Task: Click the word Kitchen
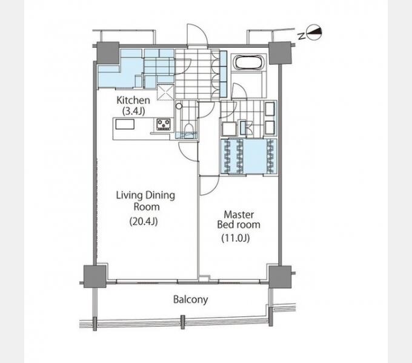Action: [133, 100]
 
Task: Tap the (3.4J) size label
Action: [133, 111]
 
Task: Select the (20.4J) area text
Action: [144, 221]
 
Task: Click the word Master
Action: [239, 215]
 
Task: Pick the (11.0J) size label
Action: [236, 238]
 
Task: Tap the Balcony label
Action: [190, 299]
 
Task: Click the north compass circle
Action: [314, 33]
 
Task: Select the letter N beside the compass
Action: [302, 36]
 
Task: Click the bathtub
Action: [248, 62]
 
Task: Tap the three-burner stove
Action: [164, 124]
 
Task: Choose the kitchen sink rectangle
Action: [125, 124]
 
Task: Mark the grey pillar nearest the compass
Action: [280, 53]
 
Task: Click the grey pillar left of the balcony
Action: [95, 276]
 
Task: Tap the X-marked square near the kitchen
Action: [165, 92]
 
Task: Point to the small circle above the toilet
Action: [179, 106]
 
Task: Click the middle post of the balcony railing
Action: [183, 322]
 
